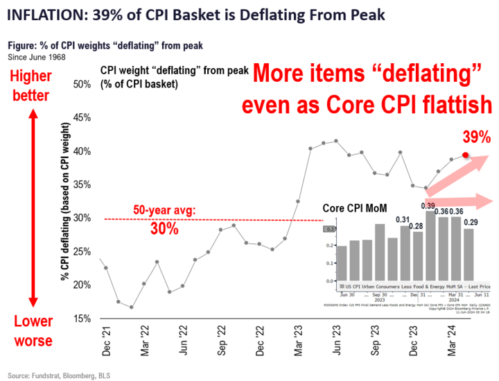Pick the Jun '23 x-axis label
point(335,339)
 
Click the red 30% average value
point(166,228)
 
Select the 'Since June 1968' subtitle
point(37,56)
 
